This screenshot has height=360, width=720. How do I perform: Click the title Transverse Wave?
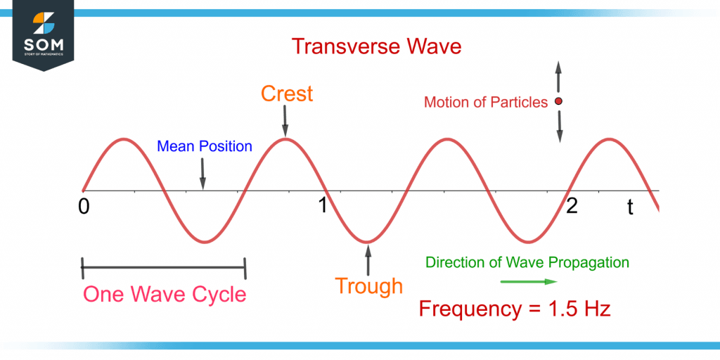[376, 46]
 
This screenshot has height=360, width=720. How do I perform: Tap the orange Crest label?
[287, 93]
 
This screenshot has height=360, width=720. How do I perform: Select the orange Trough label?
[368, 286]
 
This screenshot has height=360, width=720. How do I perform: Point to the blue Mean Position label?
[204, 146]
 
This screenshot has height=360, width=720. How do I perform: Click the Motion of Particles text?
[485, 103]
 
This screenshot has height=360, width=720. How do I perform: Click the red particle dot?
[559, 102]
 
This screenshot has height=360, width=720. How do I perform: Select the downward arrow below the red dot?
[560, 128]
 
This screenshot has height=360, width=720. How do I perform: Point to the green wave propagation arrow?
[528, 281]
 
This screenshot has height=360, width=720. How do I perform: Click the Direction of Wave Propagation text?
[527, 262]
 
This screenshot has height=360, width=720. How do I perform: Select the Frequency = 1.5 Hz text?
[515, 309]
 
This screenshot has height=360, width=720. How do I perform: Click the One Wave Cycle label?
[165, 293]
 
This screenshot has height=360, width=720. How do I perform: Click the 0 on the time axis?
[84, 207]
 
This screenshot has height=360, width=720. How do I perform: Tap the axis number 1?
[322, 206]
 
